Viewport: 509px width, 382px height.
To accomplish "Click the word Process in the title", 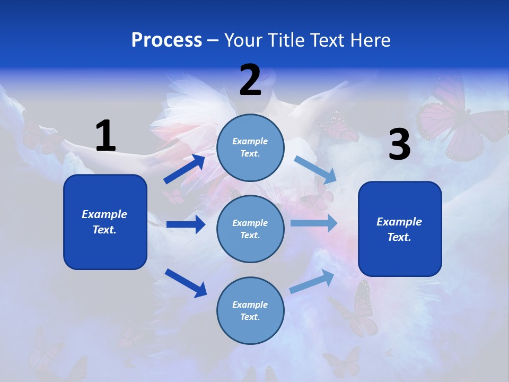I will click(x=166, y=40).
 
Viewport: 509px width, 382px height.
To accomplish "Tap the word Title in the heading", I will click(x=285, y=40).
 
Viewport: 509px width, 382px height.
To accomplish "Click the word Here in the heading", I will click(x=369, y=40).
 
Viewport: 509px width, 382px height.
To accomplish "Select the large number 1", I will click(x=106, y=136).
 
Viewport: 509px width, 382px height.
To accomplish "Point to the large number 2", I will click(x=250, y=80).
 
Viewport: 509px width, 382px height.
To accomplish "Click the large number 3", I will click(x=399, y=145).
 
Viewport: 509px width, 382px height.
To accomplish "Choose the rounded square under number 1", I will click(x=105, y=222).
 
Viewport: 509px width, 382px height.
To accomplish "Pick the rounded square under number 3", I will click(x=400, y=229).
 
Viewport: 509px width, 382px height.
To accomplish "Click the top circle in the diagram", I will click(x=250, y=147).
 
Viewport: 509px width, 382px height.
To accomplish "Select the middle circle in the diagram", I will click(x=250, y=229).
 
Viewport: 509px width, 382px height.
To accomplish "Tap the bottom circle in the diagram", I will click(x=250, y=310).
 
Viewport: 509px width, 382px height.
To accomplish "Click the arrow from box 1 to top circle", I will click(x=185, y=169).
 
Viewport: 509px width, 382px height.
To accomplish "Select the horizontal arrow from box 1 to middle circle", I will click(x=186, y=224).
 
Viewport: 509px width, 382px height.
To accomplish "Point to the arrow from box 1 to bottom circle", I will click(x=186, y=282).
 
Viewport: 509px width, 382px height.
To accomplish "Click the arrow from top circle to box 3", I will click(x=315, y=169).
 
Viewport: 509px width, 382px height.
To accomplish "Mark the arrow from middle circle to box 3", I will click(x=313, y=223).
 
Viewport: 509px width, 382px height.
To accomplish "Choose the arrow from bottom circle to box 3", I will click(x=312, y=281).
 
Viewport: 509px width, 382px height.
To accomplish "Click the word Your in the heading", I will click(x=243, y=40).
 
